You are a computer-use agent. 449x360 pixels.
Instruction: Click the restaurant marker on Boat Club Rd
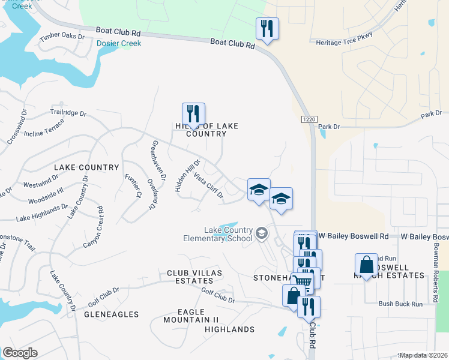(265, 29)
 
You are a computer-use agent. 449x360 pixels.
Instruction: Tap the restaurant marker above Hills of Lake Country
(193, 113)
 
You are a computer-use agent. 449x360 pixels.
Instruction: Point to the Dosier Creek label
(119, 43)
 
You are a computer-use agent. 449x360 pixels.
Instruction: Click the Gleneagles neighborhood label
(111, 314)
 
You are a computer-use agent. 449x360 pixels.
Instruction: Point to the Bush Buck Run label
(401, 304)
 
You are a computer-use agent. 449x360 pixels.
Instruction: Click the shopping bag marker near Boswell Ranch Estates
(366, 265)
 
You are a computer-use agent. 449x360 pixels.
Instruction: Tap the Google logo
(20, 353)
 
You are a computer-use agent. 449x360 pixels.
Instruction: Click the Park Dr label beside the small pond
(329, 127)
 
